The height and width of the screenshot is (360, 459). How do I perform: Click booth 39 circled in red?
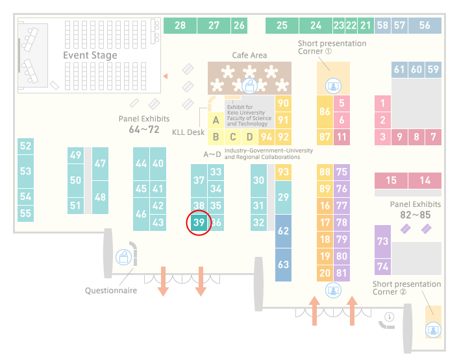(x=199, y=222)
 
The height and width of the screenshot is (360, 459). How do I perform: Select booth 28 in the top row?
(x=180, y=25)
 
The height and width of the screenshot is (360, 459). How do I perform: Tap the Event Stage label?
(x=90, y=55)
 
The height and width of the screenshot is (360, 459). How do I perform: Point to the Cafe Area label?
(x=249, y=55)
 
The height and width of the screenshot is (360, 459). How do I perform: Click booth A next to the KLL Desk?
(x=216, y=120)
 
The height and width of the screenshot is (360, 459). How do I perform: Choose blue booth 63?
(x=283, y=265)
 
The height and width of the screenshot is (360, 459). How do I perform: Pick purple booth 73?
(x=382, y=241)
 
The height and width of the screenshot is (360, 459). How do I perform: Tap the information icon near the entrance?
(x=390, y=317)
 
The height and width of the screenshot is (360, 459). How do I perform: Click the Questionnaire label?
(x=111, y=291)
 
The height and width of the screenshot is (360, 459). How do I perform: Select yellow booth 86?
(x=325, y=112)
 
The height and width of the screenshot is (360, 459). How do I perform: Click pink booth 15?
(x=391, y=180)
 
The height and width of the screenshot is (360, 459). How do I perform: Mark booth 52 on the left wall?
(x=25, y=146)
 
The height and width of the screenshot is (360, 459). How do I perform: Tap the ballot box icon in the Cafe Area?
(x=249, y=86)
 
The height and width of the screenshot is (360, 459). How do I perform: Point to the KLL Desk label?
(x=188, y=132)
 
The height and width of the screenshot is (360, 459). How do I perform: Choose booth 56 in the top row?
(x=425, y=25)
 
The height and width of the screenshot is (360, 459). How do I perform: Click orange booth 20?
(x=325, y=273)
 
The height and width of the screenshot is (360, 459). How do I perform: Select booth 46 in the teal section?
(x=141, y=214)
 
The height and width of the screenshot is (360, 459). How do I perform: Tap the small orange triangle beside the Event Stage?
(x=166, y=76)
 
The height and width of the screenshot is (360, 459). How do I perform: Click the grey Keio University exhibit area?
(x=249, y=112)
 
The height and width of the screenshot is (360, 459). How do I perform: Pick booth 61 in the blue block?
(x=399, y=69)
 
